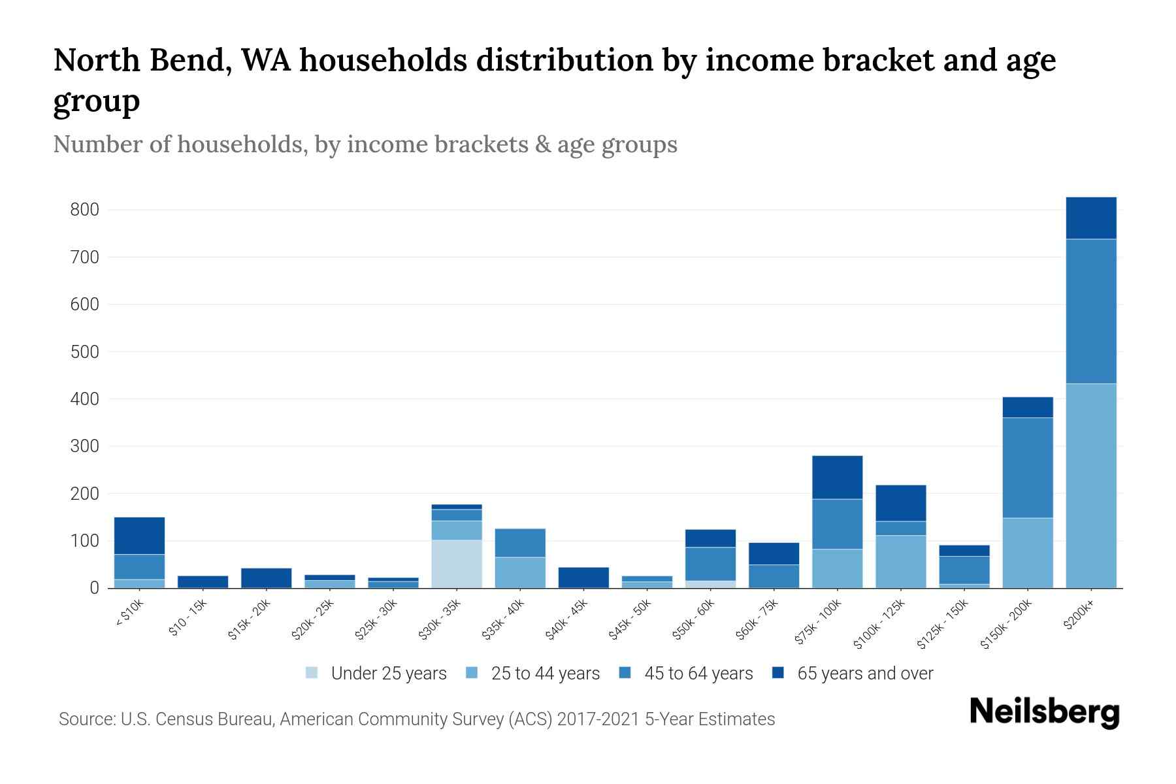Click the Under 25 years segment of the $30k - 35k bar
[456, 563]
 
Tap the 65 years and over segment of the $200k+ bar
[1090, 218]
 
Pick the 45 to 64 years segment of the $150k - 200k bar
[1027, 467]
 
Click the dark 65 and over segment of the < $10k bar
[139, 535]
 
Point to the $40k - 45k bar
[583, 577]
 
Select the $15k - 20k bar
[266, 578]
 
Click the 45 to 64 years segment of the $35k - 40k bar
[520, 542]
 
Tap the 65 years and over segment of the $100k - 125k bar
[900, 502]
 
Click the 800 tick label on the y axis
[84, 210]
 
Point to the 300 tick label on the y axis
[84, 446]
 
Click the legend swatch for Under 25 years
[312, 672]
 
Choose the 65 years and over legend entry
[864, 673]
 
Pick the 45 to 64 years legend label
[698, 673]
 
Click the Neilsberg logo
[1044, 712]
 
